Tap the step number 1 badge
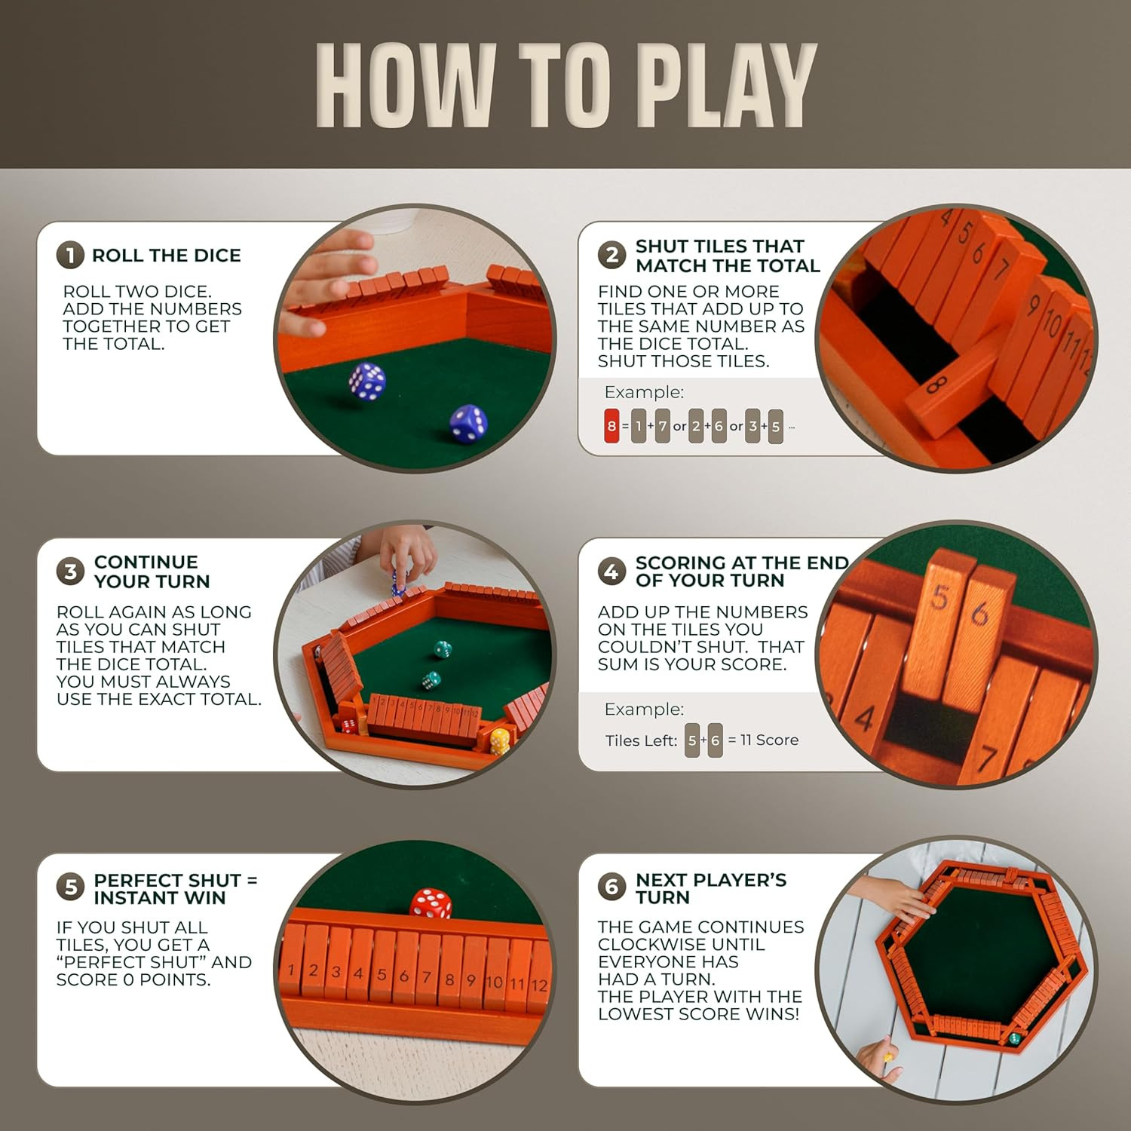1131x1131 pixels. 70,255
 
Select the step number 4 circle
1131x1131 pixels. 611,572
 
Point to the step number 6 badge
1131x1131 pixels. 611,887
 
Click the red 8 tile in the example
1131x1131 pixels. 611,426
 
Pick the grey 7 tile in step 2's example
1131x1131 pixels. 662,426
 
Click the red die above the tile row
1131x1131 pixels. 431,903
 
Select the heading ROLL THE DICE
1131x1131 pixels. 167,256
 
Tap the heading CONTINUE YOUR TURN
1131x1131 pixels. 152,572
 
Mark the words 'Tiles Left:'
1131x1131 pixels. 641,740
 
